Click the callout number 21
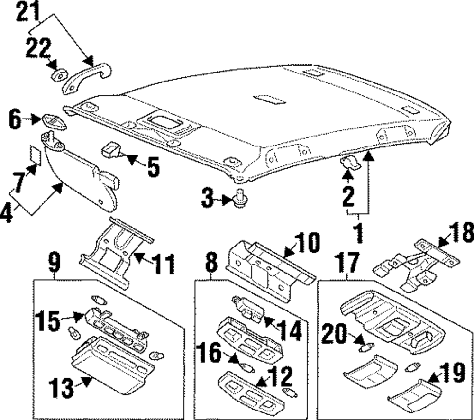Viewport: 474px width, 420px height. (28, 11)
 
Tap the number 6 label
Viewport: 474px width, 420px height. (15, 119)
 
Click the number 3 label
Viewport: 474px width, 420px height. (208, 198)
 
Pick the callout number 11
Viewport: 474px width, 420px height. (163, 264)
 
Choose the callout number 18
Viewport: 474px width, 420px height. (461, 233)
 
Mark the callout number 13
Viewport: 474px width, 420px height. (61, 387)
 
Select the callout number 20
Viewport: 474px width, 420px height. (333, 334)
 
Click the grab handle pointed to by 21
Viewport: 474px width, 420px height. (87, 78)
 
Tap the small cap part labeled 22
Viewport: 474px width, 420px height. (60, 75)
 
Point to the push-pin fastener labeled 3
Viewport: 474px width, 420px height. (241, 198)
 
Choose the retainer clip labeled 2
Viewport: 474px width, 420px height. (351, 163)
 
